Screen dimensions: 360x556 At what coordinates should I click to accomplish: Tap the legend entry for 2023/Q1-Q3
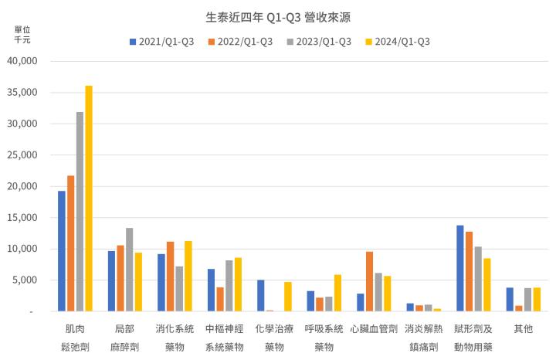(x=318, y=41)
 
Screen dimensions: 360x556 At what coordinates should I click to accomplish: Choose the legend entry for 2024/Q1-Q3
(x=397, y=41)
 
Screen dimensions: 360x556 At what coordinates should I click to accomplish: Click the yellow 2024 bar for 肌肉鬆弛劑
(x=89, y=199)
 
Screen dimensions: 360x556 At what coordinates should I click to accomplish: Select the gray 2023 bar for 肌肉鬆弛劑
(x=80, y=212)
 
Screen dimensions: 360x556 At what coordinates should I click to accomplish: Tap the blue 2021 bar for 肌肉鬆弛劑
(x=62, y=251)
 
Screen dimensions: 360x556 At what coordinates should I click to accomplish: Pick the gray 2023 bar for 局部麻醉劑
(x=130, y=270)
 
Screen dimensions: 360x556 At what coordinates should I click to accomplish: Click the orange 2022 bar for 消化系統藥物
(x=170, y=277)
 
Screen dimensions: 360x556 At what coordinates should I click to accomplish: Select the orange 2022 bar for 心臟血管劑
(x=370, y=281)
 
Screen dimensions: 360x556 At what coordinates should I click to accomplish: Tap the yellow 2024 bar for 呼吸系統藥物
(x=338, y=293)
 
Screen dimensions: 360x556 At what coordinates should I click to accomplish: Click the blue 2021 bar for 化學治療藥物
(x=261, y=296)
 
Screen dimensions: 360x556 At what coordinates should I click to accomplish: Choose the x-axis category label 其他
(x=523, y=329)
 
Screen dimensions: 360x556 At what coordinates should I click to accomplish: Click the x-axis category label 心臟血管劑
(x=374, y=329)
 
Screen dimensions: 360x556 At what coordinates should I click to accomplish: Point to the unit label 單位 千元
(x=22, y=34)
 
